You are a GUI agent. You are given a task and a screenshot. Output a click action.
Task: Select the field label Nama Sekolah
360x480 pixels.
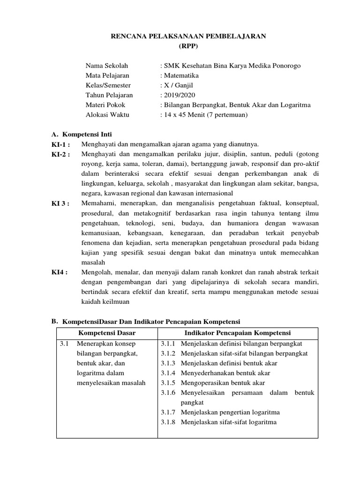106,66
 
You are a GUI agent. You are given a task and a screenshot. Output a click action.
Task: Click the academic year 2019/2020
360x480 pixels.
177,95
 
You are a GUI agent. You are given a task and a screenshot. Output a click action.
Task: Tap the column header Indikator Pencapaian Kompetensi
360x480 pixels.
238,333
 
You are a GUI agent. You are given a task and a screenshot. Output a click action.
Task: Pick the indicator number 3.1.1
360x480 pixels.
168,344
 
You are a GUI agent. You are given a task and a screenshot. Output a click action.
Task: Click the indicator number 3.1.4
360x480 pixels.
168,373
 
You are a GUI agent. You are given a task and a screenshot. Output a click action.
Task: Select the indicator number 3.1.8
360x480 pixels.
168,422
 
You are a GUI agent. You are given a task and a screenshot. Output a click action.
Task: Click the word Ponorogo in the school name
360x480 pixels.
284,66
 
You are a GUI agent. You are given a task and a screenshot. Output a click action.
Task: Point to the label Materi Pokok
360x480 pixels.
105,105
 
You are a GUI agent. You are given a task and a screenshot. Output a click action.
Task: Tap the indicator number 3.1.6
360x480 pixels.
168,393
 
